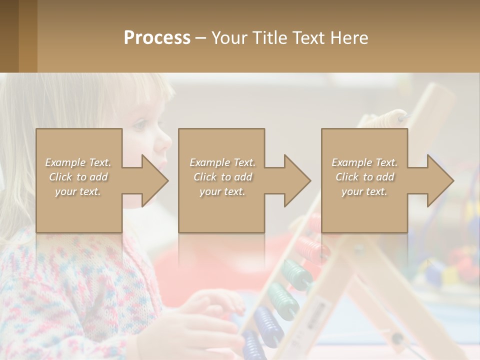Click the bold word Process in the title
(x=157, y=38)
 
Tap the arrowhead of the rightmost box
(x=439, y=180)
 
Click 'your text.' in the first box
(x=78, y=191)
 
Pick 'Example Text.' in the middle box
(x=222, y=162)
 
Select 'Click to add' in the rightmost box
(x=364, y=177)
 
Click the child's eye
(x=142, y=124)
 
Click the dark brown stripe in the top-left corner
(x=9, y=36)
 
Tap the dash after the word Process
(x=200, y=38)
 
